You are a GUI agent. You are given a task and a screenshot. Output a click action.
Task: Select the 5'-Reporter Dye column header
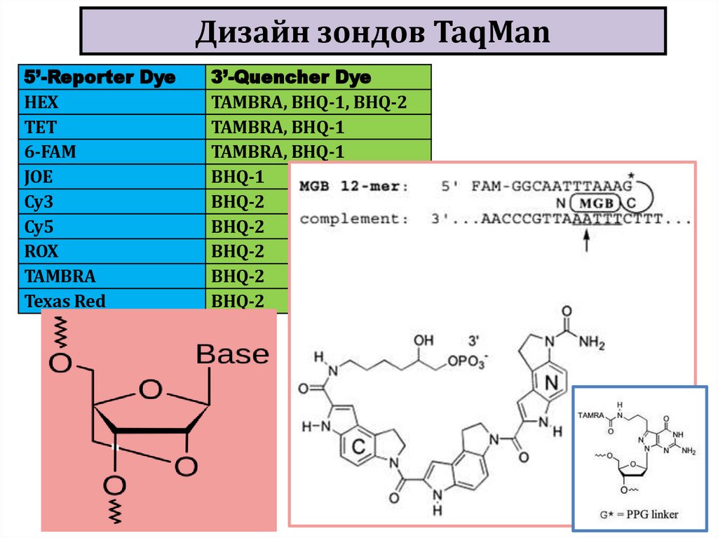pyautogui.click(x=100, y=76)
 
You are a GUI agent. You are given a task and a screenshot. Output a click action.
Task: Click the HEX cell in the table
pyautogui.click(x=42, y=102)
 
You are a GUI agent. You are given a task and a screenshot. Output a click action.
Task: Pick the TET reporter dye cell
pyautogui.click(x=41, y=127)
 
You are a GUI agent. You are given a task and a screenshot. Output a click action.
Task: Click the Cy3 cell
pyautogui.click(x=39, y=202)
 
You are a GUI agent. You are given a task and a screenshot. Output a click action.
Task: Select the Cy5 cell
pyautogui.click(x=39, y=227)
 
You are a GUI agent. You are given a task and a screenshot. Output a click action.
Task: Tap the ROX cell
pyautogui.click(x=41, y=251)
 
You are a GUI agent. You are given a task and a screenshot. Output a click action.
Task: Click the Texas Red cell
pyautogui.click(x=65, y=301)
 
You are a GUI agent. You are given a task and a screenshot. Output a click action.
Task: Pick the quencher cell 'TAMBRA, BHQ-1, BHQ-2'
pyautogui.click(x=309, y=102)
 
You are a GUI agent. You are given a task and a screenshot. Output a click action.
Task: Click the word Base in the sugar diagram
pyautogui.click(x=232, y=354)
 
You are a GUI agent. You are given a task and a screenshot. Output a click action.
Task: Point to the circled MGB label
pyautogui.click(x=597, y=203)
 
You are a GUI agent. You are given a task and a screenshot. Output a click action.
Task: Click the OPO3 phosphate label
pyautogui.click(x=464, y=360)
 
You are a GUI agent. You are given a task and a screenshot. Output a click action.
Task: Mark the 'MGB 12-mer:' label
pyautogui.click(x=353, y=187)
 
